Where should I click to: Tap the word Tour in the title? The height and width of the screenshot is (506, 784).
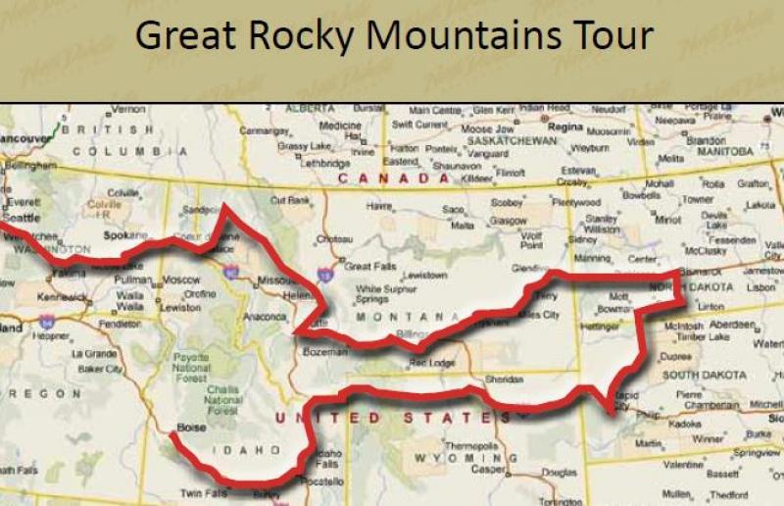(611, 36)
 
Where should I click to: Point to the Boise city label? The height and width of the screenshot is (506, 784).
(189, 428)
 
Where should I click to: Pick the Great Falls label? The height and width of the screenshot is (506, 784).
(367, 266)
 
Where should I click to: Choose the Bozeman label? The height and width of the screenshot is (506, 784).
(324, 350)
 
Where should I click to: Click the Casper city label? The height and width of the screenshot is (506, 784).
(463, 469)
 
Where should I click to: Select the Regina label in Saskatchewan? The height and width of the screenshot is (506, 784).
(565, 126)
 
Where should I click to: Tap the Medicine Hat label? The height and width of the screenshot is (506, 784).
(340, 130)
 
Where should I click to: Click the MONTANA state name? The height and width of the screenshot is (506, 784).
(408, 317)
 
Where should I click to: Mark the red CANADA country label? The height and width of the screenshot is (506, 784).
(396, 178)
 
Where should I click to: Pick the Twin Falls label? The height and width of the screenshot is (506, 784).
(204, 492)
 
